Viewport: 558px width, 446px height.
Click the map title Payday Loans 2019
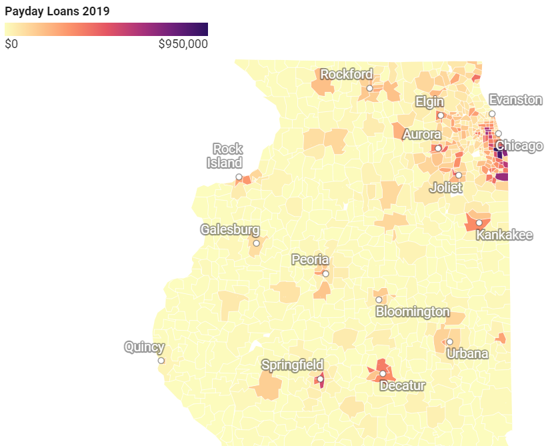click(57, 11)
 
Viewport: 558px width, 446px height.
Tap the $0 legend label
click(11, 44)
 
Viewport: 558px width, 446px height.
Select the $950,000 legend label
click(183, 44)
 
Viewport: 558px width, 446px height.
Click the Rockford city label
click(346, 74)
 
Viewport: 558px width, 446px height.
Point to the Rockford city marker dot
click(369, 88)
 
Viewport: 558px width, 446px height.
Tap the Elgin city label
click(429, 101)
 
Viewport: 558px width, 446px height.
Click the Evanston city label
click(515, 99)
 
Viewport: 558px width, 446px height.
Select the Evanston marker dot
click(492, 114)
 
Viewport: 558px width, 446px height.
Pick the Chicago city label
click(519, 145)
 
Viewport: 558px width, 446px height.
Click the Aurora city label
click(422, 134)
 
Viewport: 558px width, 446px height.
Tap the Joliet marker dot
click(458, 175)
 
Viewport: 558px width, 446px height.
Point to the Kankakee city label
click(504, 235)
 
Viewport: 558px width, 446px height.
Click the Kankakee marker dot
click(479, 223)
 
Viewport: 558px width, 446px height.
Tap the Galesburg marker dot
click(256, 243)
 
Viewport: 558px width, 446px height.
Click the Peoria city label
click(310, 259)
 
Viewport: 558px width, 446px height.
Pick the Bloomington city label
click(413, 311)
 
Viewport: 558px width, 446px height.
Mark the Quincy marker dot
click(161, 361)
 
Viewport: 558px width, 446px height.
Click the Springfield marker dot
click(320, 379)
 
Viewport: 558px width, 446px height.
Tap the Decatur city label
click(402, 385)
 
